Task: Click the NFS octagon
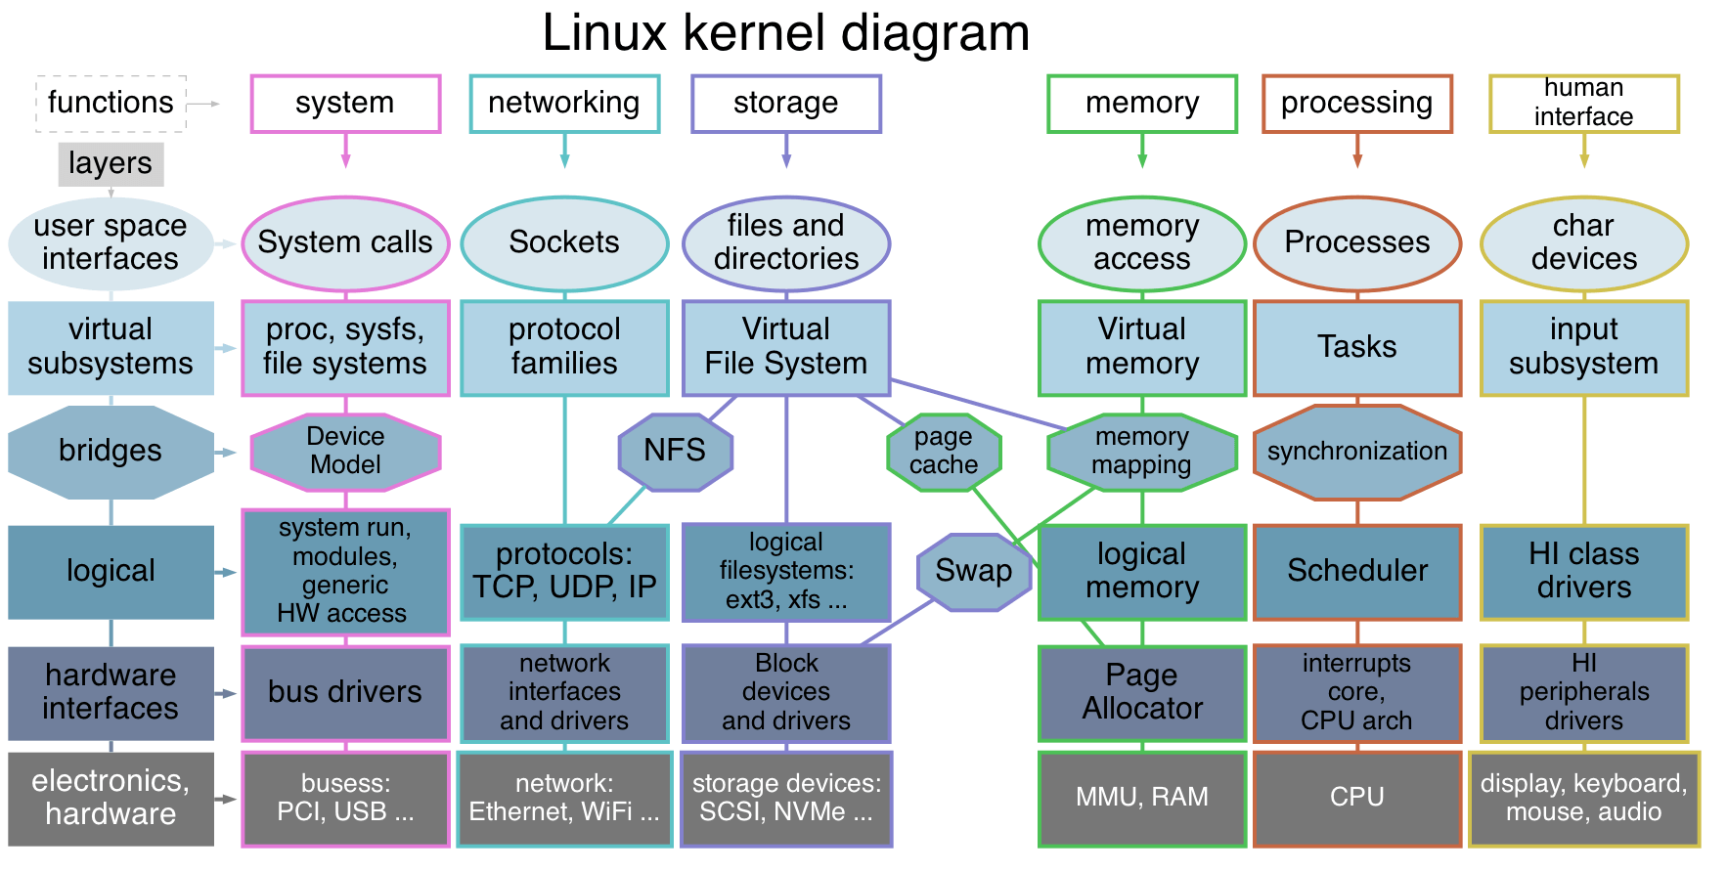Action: (x=675, y=451)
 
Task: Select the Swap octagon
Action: (x=973, y=571)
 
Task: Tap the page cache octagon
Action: (x=944, y=451)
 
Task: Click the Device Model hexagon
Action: (x=345, y=451)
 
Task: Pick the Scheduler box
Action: (x=1356, y=571)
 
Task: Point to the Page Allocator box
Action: (x=1141, y=692)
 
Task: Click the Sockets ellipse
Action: (x=564, y=242)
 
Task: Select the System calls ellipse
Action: (x=345, y=242)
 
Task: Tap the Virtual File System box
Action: (x=785, y=347)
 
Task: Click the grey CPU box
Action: (x=1356, y=797)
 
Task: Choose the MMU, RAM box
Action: (x=1141, y=797)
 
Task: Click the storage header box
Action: (x=785, y=103)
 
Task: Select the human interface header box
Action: (x=1583, y=103)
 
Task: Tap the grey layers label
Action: (x=110, y=163)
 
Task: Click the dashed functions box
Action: (x=111, y=103)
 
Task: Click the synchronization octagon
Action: (x=1356, y=452)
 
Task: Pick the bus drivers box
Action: (x=345, y=692)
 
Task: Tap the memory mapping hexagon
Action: (x=1141, y=451)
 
